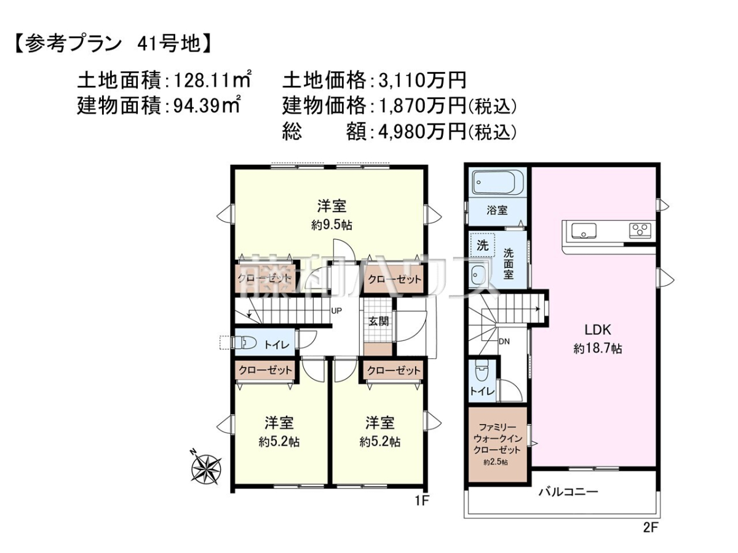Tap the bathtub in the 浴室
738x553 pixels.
[496, 184]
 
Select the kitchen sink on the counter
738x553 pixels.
[584, 231]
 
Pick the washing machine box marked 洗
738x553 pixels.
[483, 245]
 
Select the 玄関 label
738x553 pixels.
[379, 321]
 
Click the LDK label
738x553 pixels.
[597, 330]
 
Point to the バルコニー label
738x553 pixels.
[568, 493]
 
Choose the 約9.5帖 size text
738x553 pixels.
[331, 225]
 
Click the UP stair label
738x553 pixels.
[336, 311]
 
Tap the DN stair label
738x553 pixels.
[504, 342]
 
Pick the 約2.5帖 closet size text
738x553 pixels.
[496, 462]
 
